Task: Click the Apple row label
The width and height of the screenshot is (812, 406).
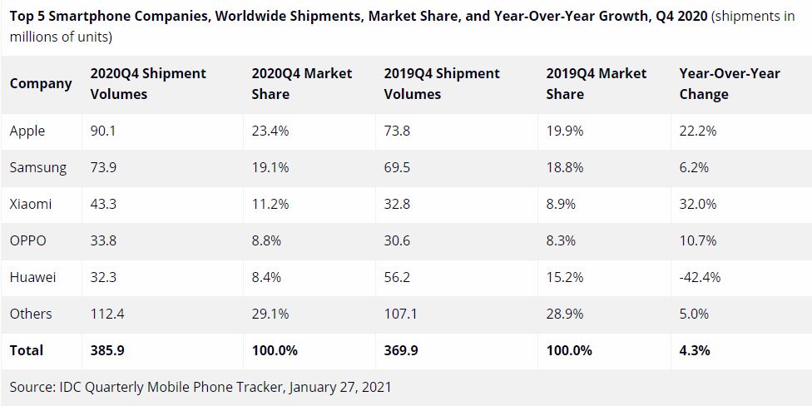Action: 27,131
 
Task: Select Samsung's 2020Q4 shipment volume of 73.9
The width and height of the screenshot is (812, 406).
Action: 102,167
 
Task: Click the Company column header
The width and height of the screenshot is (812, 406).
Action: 41,84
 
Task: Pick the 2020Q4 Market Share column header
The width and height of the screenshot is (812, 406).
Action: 302,83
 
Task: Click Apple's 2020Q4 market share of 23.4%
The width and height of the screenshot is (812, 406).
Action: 270,131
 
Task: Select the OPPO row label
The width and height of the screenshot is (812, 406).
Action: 28,240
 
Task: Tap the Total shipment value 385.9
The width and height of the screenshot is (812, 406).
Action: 107,350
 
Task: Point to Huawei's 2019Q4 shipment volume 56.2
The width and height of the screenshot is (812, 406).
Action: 397,277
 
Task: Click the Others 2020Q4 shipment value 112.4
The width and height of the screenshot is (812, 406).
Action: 107,314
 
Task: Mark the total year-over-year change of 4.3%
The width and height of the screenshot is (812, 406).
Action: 695,350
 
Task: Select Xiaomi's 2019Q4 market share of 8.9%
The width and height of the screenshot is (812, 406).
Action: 562,204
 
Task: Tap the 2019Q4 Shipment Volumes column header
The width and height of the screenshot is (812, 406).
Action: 442,83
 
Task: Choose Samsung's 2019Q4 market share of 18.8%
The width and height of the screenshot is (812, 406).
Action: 566,167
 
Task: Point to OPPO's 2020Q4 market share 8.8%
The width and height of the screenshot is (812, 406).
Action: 267,240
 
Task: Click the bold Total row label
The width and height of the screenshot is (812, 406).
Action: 27,350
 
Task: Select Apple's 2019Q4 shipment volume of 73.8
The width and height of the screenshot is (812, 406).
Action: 397,131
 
